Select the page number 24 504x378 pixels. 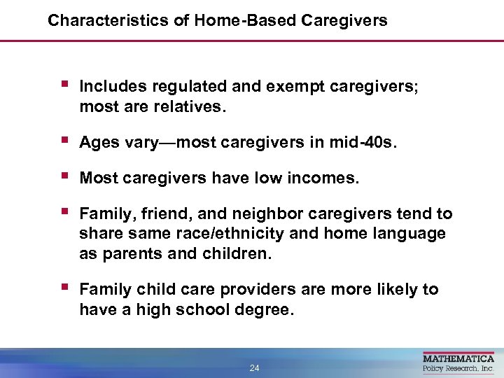point(254,368)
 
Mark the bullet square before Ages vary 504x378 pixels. point(64,141)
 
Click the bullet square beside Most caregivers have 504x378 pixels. point(64,176)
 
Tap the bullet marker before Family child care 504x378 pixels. point(64,288)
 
